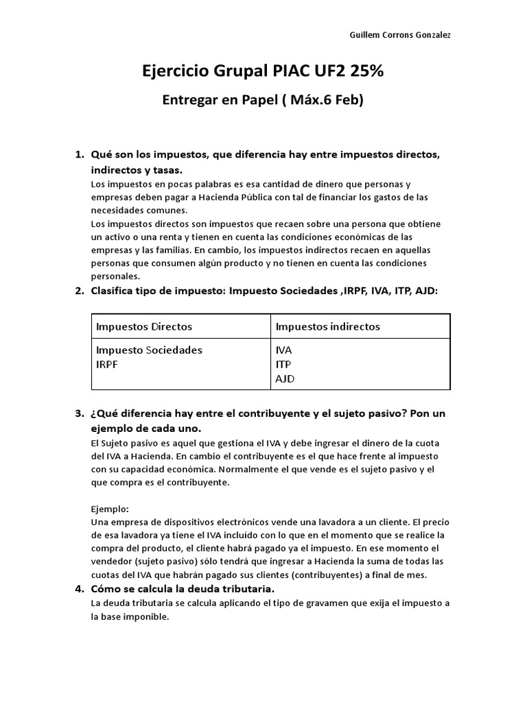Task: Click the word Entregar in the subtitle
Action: pyautogui.click(x=189, y=100)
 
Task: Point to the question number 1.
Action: pyautogui.click(x=78, y=155)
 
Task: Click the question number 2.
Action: pyautogui.click(x=78, y=291)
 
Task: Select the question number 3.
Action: pyautogui.click(x=78, y=414)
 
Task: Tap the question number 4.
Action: pyautogui.click(x=78, y=589)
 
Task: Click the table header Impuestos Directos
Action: pyautogui.click(x=144, y=326)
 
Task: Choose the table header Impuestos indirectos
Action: pyautogui.click(x=327, y=326)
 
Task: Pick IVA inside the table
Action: pyautogui.click(x=283, y=350)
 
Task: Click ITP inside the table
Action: pyautogui.click(x=283, y=364)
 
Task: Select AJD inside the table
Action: pyautogui.click(x=285, y=378)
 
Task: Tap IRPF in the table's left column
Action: pyautogui.click(x=107, y=364)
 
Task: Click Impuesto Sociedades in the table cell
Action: pyautogui.click(x=149, y=350)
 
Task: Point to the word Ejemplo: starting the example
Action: pyautogui.click(x=110, y=509)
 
